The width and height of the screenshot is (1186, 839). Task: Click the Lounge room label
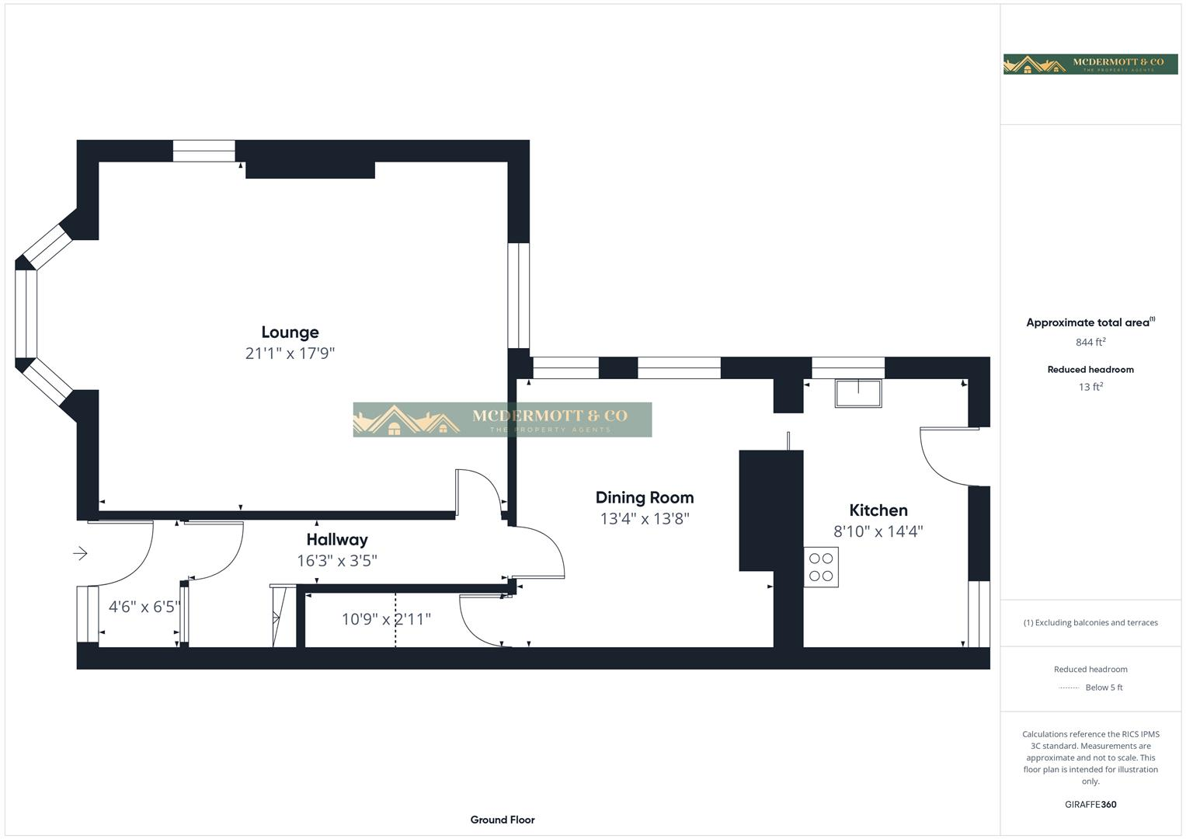(x=290, y=332)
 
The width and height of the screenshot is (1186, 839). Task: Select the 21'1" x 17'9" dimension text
(x=290, y=353)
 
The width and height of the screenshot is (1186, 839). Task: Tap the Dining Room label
(x=644, y=498)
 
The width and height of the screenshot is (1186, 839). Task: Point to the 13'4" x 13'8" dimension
(x=644, y=519)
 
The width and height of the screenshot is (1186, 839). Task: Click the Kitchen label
(x=878, y=510)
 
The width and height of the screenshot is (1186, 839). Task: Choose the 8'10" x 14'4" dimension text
(x=878, y=531)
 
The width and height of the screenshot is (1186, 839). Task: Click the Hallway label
(x=336, y=540)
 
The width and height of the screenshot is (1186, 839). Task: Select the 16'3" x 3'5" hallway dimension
(x=336, y=561)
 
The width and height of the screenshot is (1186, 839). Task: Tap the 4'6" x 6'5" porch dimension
(x=144, y=607)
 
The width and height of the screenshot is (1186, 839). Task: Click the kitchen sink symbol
(x=858, y=394)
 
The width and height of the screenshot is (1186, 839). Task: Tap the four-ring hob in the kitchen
(x=821, y=567)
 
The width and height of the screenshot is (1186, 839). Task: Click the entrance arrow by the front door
(x=80, y=554)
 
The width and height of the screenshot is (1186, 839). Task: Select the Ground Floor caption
(x=502, y=820)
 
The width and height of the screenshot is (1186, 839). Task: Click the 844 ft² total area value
(x=1090, y=343)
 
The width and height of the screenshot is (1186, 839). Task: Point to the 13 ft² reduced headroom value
(x=1090, y=387)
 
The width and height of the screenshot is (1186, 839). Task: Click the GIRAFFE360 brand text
(x=1090, y=805)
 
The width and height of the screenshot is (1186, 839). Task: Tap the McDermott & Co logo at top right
(x=1090, y=64)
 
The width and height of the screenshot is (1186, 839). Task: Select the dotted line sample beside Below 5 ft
(x=1069, y=688)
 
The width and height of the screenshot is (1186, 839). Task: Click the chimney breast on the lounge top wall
(x=310, y=169)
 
